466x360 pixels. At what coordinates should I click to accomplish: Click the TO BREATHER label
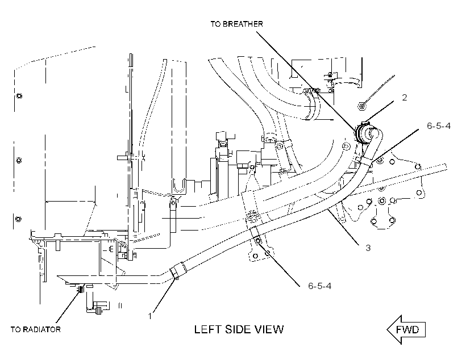coord(237,24)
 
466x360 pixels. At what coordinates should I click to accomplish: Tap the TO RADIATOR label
coord(36,329)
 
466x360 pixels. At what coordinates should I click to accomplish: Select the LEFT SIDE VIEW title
coord(239,329)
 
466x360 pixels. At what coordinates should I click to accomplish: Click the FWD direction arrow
coord(406,330)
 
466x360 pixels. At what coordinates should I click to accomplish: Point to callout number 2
coord(404,98)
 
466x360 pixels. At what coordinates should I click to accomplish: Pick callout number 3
coord(368,248)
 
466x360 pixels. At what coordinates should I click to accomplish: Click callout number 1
coord(150,316)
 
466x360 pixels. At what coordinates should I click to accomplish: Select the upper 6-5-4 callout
coord(439,126)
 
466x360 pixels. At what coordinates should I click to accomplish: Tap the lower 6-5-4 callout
coord(319,286)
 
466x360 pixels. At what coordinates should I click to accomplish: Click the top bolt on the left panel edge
coord(19,96)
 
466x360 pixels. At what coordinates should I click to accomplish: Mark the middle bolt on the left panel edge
coord(19,160)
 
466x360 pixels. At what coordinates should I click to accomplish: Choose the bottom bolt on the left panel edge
coord(18,219)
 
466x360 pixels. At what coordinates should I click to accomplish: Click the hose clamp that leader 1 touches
coord(178,271)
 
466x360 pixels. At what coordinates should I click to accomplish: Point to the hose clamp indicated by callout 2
coord(361,132)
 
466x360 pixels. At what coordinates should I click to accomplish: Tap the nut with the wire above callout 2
coord(361,106)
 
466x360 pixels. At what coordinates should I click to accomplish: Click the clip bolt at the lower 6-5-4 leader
coord(257,240)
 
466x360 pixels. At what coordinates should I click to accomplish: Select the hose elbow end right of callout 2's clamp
coord(376,133)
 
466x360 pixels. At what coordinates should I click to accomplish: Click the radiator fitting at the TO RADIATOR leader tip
coord(80,288)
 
